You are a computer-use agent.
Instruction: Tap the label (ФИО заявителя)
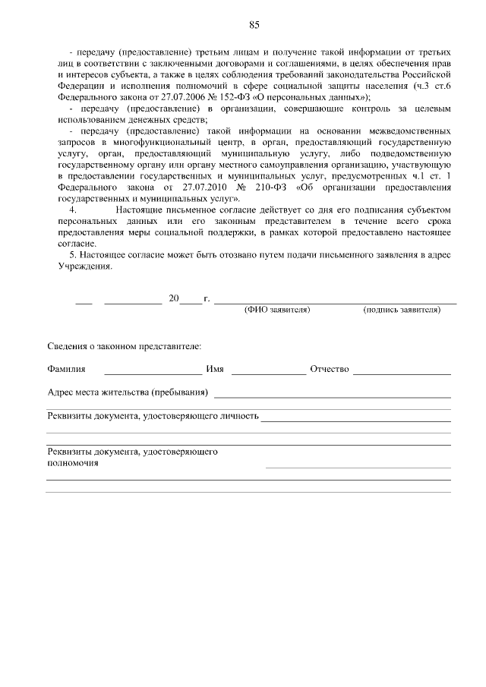point(277,310)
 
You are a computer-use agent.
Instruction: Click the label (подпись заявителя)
point(402,310)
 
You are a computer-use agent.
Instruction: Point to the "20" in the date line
point(173,298)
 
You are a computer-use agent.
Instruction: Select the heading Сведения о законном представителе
point(124,346)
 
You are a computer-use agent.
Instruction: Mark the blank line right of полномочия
point(358,467)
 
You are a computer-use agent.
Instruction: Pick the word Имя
point(214,370)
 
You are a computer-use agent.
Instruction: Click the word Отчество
point(329,370)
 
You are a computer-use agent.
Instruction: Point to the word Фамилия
point(65,370)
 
